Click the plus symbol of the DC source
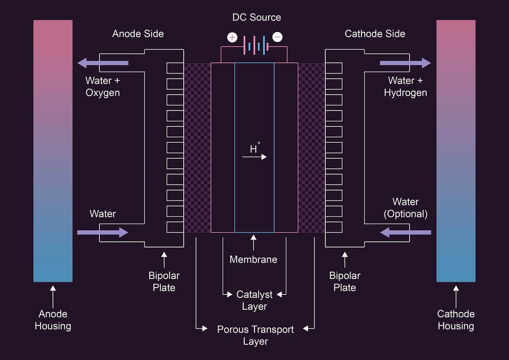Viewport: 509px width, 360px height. pos(232,37)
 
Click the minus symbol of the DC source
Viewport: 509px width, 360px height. pos(278,37)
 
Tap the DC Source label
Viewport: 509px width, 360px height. pos(256,18)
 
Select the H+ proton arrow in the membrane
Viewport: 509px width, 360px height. pos(254,157)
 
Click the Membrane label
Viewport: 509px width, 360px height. pos(253,260)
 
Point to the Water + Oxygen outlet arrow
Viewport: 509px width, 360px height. pos(103,63)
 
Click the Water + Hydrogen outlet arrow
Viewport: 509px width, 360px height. pos(405,63)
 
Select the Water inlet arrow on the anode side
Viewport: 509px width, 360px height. pos(103,232)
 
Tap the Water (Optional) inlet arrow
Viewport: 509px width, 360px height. pos(405,232)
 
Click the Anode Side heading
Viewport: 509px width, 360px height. pos(138,34)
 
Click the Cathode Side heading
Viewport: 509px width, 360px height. pos(375,34)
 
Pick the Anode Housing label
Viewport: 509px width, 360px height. pos(53,320)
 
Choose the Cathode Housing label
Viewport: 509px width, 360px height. pos(456,320)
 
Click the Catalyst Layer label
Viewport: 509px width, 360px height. pos(254,300)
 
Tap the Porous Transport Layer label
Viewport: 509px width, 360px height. pos(255,335)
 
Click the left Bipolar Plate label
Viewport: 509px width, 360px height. pos(164,281)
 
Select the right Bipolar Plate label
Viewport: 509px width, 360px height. pos(345,281)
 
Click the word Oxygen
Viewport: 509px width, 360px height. pos(103,93)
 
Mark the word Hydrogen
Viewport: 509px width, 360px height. pos(405,93)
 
